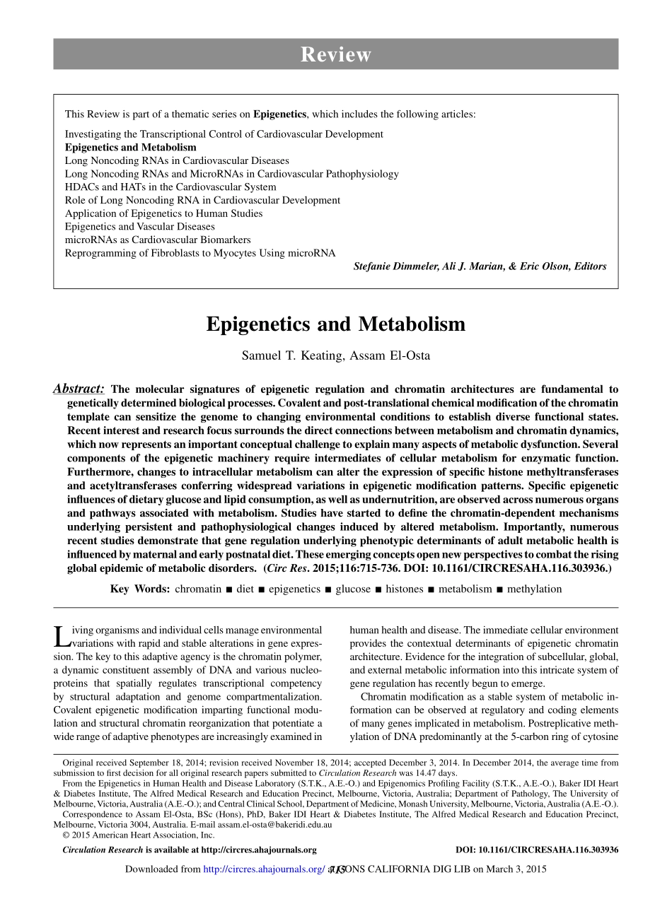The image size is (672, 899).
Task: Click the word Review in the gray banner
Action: click(x=335, y=54)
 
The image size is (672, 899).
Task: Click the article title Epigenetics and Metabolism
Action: click(x=336, y=324)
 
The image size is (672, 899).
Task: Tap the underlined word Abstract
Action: click(x=79, y=389)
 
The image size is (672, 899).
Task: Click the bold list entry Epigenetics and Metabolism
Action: click(x=130, y=148)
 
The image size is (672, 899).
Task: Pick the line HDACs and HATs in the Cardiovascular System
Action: click(x=170, y=187)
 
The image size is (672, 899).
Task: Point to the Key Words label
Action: click(x=139, y=589)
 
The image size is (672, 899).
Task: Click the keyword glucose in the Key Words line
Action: click(x=352, y=589)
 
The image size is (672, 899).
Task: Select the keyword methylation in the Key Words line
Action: click(x=534, y=589)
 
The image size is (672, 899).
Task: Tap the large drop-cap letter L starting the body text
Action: click(x=62, y=636)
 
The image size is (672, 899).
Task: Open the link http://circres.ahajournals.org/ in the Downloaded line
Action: click(x=264, y=869)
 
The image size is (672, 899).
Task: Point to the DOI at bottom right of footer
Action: click(x=537, y=850)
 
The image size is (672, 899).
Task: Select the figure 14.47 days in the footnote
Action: click(x=439, y=772)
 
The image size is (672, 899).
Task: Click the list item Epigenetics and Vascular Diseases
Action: click(x=139, y=227)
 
